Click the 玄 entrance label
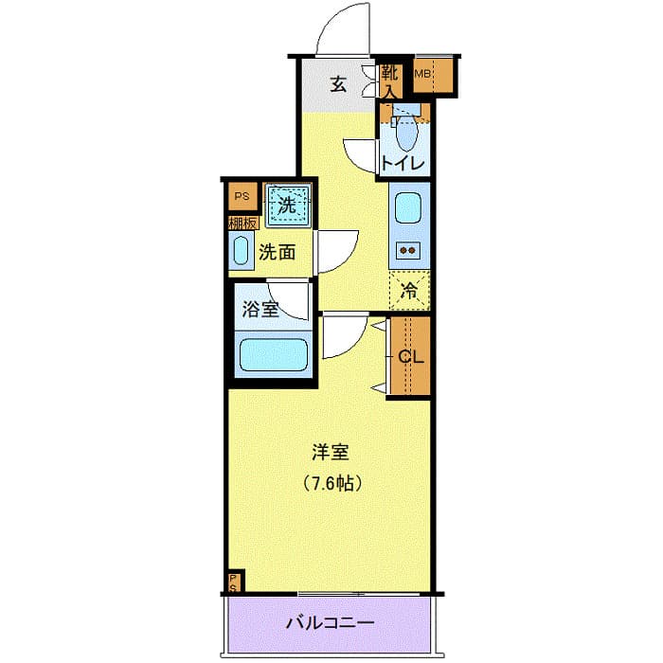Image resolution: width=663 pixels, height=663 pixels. coord(338,83)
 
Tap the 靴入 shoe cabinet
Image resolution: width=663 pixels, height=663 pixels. coord(390,80)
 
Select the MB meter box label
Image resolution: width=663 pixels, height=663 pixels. coord(422,74)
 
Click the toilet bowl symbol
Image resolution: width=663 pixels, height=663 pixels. coord(405,135)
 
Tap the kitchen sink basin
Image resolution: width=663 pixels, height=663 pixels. coord(409,206)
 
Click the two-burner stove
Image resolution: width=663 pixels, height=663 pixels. coord(409,251)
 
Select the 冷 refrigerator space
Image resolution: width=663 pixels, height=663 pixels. coord(409,291)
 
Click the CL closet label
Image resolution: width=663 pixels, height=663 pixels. coord(409,357)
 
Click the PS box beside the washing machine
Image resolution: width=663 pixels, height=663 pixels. coord(242,197)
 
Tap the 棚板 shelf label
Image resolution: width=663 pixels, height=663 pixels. coord(242,224)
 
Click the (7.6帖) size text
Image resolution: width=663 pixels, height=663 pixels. coord(331,483)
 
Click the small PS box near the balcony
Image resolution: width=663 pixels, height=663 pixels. coord(233,582)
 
